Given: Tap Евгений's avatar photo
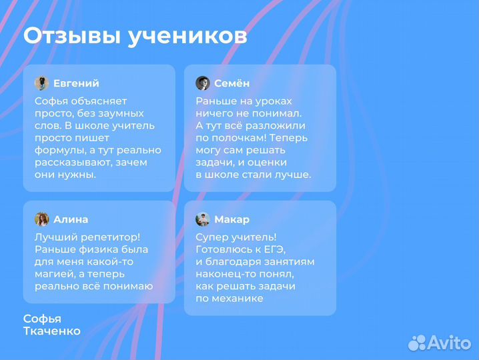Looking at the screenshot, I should coord(41,83).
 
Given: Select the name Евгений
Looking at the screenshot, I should coord(76,83).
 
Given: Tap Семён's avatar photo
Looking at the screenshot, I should coord(203,83).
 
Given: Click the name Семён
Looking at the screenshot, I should coord(232,83).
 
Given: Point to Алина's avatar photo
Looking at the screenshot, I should coord(41,219).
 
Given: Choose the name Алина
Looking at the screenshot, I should coord(71,219).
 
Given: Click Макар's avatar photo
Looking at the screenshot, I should coord(203,219).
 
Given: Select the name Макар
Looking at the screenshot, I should coord(232,219).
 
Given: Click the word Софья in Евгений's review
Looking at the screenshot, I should coord(50,101).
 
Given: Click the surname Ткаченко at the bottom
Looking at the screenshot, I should coord(52,331).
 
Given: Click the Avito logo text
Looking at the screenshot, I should coord(448,343).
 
